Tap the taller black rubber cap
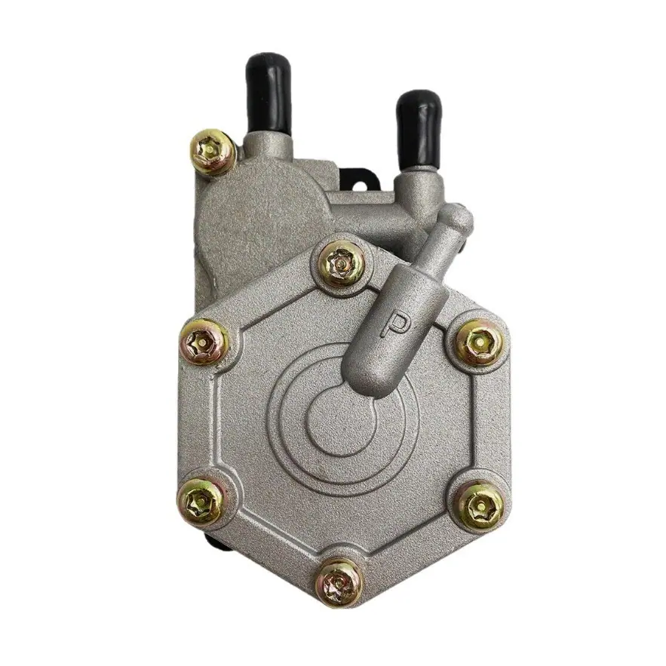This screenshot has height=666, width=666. (269, 92)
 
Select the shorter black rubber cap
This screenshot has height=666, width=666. (419, 130)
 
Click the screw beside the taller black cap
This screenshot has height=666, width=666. (213, 152)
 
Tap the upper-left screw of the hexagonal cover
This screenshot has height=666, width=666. (203, 342)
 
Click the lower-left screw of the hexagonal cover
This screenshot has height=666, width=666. (200, 502)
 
